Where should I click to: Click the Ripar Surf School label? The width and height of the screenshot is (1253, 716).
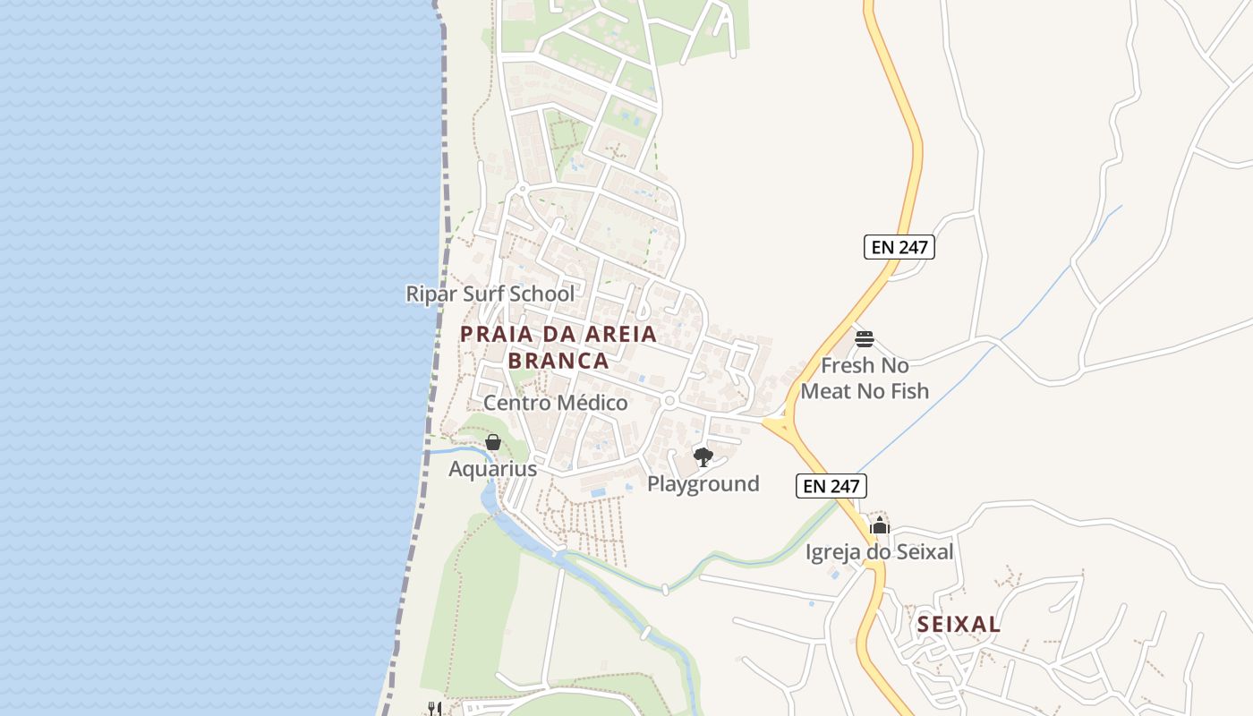[490, 294]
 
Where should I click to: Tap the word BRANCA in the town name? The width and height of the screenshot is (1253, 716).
[558, 361]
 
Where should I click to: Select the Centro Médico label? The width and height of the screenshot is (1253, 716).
[556, 403]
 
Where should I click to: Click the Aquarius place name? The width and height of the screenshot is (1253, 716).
[492, 468]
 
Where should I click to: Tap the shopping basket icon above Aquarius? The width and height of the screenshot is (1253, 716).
[492, 441]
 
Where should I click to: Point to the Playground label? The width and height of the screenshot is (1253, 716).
[703, 484]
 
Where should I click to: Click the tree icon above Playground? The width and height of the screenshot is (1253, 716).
[703, 457]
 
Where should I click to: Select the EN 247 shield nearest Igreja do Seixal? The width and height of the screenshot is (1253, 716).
[831, 487]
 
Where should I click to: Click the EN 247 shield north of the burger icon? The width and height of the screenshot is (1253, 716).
[899, 247]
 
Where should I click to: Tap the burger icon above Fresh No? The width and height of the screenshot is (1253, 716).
[864, 339]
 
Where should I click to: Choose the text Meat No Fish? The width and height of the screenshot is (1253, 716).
[865, 391]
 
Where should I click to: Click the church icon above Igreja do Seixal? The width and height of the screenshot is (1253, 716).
[880, 525]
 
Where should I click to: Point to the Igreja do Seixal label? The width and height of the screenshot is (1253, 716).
[879, 552]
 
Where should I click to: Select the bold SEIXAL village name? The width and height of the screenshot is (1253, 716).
[959, 625]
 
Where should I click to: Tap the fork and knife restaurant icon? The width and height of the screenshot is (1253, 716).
[434, 708]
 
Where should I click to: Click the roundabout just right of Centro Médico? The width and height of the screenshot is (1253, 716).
[669, 402]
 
